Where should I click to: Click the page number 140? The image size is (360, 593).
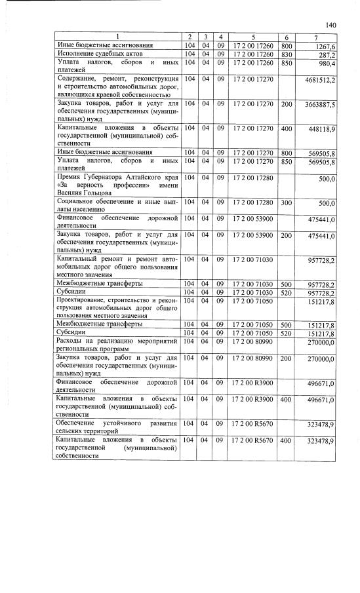pyautogui.click(x=330, y=24)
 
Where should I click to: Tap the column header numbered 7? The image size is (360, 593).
pyautogui.click(x=317, y=35)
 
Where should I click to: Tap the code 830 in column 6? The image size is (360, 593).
pyautogui.click(x=287, y=54)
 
